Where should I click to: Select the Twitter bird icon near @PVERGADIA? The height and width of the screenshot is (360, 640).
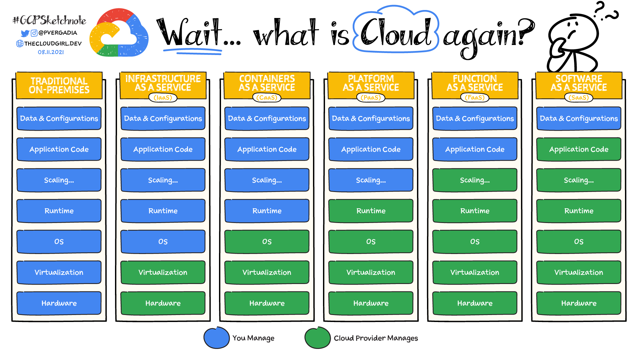[25, 33]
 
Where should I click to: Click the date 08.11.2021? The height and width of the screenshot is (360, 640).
[51, 52]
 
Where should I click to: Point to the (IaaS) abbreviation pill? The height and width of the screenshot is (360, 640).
[163, 98]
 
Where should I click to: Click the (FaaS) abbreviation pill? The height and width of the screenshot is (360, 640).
[475, 98]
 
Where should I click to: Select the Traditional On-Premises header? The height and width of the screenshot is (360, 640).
[59, 85]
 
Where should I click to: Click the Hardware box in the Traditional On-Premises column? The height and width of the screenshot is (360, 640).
[59, 303]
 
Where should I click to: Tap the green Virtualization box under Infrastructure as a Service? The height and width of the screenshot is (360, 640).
[163, 272]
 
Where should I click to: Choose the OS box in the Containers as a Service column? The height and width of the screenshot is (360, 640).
[267, 241]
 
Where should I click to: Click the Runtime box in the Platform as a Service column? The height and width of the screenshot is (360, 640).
[371, 211]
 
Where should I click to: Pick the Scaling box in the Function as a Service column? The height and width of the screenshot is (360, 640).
[475, 180]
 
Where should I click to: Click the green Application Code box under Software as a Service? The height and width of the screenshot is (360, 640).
[579, 149]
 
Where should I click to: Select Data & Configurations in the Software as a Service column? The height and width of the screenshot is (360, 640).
[579, 118]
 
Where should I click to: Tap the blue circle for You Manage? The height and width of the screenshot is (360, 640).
[216, 338]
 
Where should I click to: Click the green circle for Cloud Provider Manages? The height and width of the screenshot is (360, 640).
[317, 338]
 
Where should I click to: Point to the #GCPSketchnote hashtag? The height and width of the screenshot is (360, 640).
[49, 21]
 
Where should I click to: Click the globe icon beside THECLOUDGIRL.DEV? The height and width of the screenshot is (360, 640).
[20, 43]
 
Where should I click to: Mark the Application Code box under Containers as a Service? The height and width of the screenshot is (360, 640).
[267, 149]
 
